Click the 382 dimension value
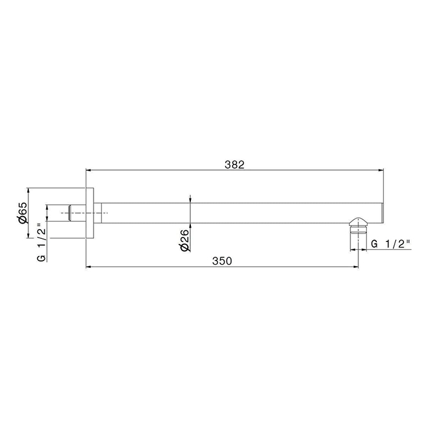click(234, 164)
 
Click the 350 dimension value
click(222, 261)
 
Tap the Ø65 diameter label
click(22, 212)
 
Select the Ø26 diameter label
click(185, 240)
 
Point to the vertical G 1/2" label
click(41, 243)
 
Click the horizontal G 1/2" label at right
click(390, 244)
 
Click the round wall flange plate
click(90, 213)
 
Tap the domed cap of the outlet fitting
click(358, 222)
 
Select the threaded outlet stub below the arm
click(358, 238)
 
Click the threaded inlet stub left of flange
click(77, 213)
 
